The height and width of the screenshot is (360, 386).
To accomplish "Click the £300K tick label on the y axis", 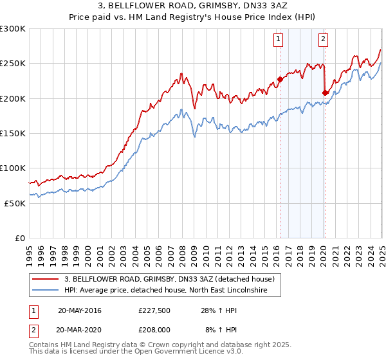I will [13, 29].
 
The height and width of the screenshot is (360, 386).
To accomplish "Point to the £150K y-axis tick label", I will [13, 133].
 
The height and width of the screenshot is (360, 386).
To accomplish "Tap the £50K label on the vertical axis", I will [15, 203].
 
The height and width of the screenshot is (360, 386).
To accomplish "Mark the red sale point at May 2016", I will [280, 80].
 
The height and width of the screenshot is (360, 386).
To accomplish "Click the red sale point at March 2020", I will [325, 93].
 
